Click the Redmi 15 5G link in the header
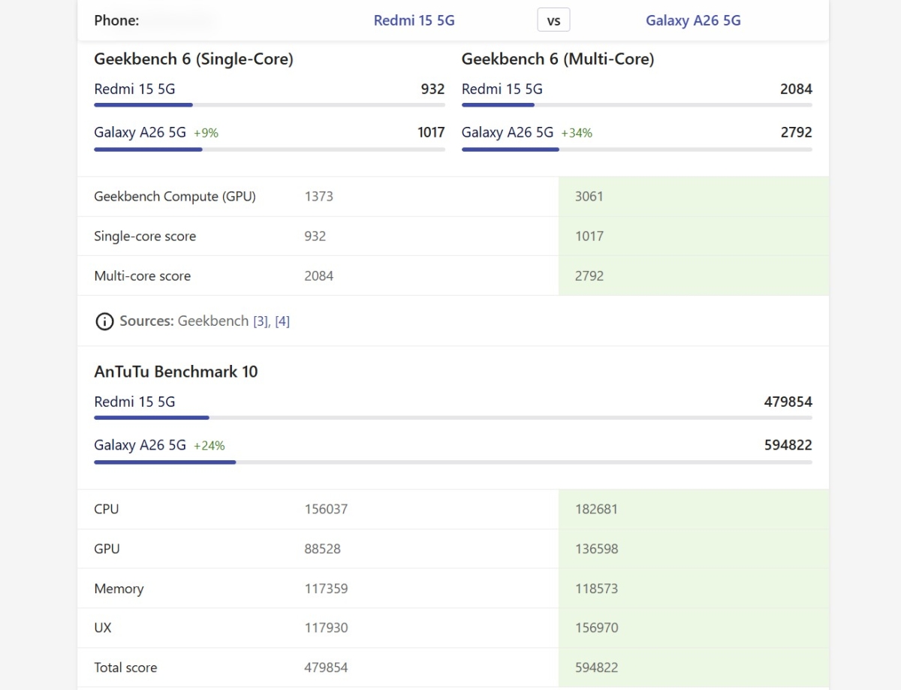(x=414, y=20)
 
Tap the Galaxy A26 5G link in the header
(x=693, y=20)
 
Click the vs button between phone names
(x=553, y=20)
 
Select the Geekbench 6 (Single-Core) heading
(x=193, y=59)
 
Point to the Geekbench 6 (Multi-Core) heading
(x=557, y=59)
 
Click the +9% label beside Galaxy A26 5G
(x=206, y=133)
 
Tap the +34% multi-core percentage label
(x=577, y=133)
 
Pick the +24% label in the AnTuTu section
(x=209, y=445)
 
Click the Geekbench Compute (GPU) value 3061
(x=589, y=197)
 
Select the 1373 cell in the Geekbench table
(x=318, y=197)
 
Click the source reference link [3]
(x=261, y=321)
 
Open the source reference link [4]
(x=282, y=321)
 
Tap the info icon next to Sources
(x=104, y=321)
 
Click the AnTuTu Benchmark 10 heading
(x=176, y=372)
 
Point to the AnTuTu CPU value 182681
(x=597, y=509)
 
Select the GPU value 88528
(x=322, y=549)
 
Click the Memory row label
(x=119, y=589)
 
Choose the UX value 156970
(x=597, y=628)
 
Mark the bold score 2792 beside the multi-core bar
(x=796, y=132)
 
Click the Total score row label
(x=125, y=667)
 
